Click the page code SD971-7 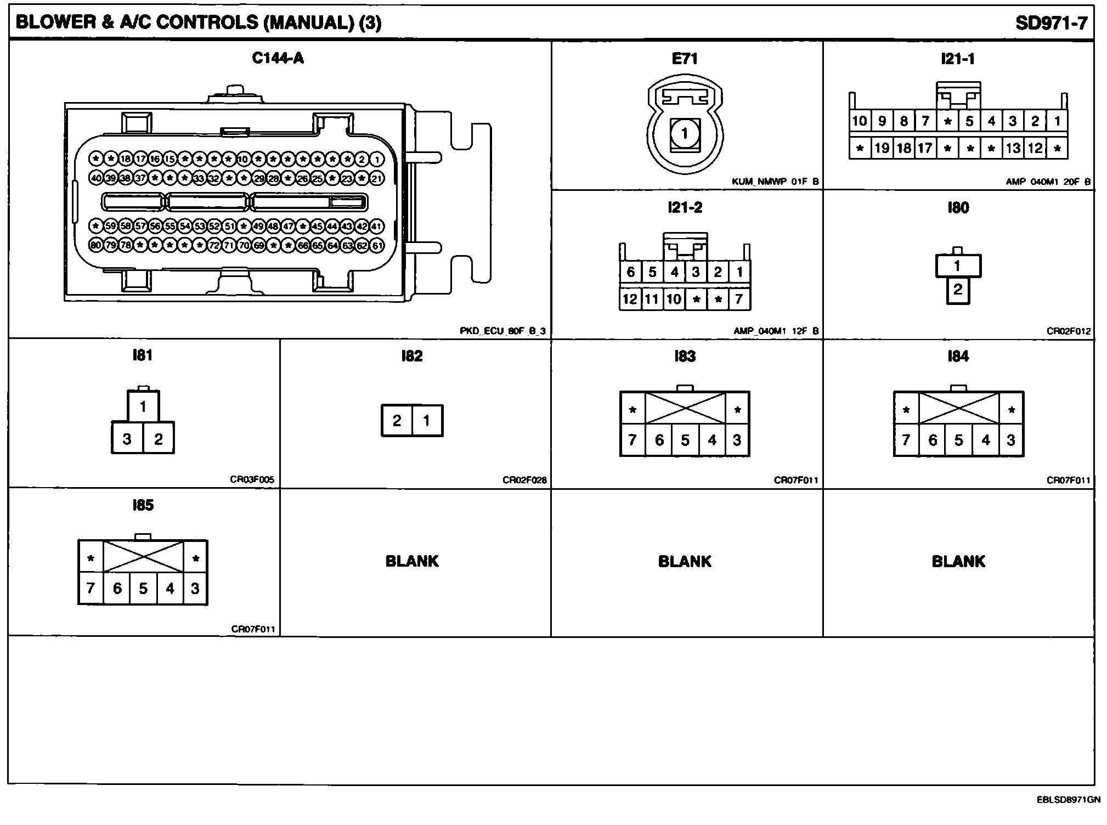pos(1051,22)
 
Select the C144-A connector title pos(278,58)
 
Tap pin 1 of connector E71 pos(684,133)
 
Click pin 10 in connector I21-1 pos(860,121)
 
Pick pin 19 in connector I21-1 pos(882,148)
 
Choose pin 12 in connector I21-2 pos(630,299)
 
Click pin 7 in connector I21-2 pos(739,299)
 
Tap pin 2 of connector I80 pos(957,289)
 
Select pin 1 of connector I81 pos(143,406)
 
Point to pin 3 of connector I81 pos(127,439)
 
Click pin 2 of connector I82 pos(397,421)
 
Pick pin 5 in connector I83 pos(685,440)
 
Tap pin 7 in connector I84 pos(906,440)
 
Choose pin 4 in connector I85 pos(170,589)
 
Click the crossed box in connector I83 pos(685,408)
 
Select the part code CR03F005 pos(252,480)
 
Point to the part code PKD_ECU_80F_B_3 pos(502,331)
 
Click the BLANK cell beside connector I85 pos(412,561)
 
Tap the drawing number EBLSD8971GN pos(1068,799)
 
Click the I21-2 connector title pos(685,207)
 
